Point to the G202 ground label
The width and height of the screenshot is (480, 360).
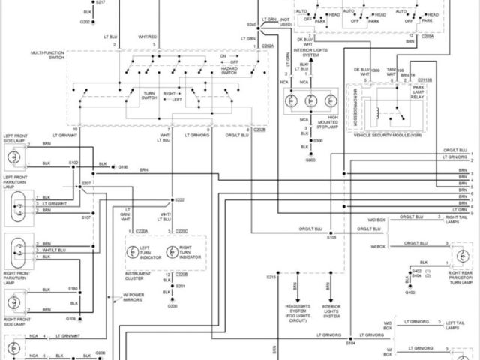click(x=85, y=22)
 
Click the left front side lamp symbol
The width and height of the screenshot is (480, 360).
click(x=13, y=157)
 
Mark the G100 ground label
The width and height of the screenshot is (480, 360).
click(x=123, y=167)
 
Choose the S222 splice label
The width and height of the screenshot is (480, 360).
click(x=180, y=200)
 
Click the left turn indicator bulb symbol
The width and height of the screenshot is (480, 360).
click(x=134, y=253)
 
